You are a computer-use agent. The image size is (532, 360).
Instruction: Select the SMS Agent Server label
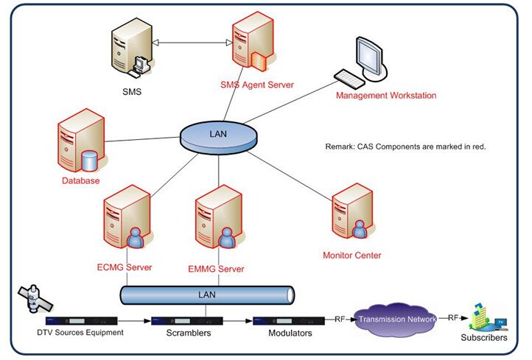(256, 85)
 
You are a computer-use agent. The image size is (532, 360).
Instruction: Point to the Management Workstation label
(385, 96)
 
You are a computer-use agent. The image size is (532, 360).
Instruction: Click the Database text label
(80, 180)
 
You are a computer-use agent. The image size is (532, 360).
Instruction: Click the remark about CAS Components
(405, 147)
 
